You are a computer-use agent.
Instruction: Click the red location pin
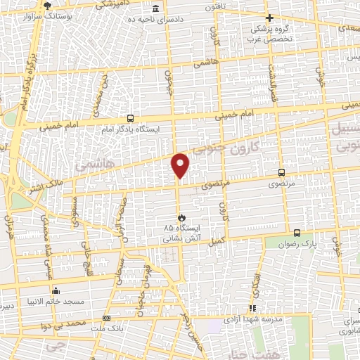181,165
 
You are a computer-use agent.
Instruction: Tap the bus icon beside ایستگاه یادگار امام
130,119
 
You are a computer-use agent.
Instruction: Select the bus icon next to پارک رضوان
296,233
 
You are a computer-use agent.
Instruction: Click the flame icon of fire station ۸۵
180,217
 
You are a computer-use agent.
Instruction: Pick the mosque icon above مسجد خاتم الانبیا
55,290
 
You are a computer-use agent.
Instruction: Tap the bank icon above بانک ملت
106,317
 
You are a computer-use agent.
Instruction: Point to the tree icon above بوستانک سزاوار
47,4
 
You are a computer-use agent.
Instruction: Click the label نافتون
214,6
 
